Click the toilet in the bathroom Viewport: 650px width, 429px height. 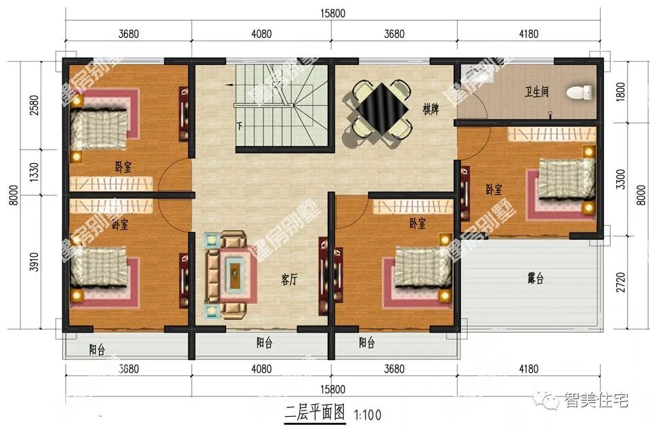coord(578,91)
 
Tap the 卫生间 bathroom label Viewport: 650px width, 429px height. coord(536,91)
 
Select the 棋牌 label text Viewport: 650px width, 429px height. coord(431,109)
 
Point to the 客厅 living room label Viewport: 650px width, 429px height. coord(289,280)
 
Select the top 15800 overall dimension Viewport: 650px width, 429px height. coord(332,12)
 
